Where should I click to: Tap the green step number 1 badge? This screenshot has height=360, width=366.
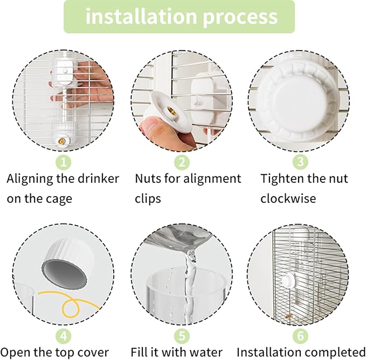(x=64, y=162)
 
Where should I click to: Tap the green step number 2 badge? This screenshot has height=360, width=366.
(x=182, y=162)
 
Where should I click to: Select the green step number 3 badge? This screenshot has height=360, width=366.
(x=300, y=162)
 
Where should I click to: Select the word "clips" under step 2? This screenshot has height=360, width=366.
(x=148, y=198)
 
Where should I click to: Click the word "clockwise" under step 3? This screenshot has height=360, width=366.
(x=289, y=198)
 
